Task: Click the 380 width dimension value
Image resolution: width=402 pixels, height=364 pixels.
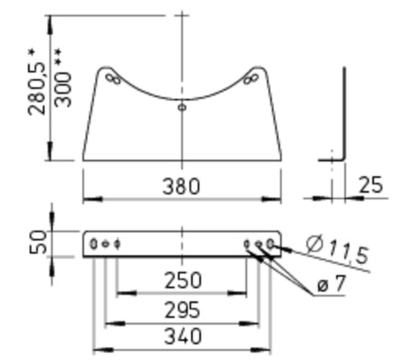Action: (182, 186)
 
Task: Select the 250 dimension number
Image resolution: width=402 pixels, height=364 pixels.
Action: (183, 280)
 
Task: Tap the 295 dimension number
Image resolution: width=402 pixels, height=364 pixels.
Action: (183, 309)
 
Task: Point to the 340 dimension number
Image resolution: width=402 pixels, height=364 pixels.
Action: (183, 336)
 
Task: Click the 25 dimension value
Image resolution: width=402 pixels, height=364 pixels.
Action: (371, 185)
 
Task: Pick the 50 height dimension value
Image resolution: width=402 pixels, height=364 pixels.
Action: (38, 243)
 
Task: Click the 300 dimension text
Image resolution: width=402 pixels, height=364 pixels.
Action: (64, 90)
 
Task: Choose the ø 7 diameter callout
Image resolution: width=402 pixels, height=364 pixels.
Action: (332, 284)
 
